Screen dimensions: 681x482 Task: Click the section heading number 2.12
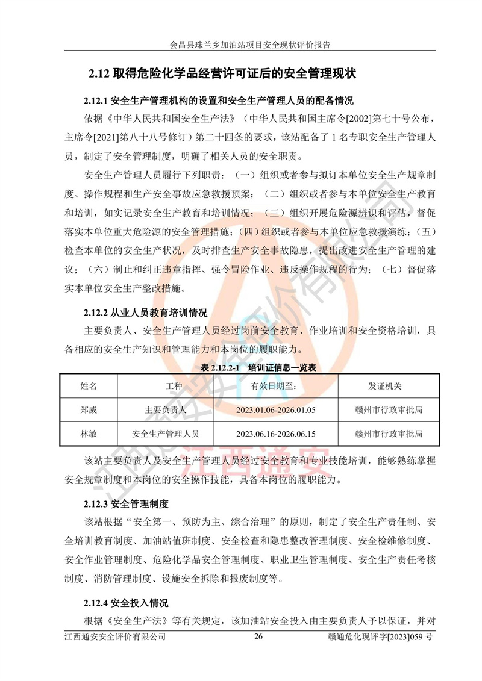[97, 74]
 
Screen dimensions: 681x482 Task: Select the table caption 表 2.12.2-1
[240, 367]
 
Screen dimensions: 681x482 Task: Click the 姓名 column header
[89, 386]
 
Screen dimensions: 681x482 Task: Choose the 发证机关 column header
[389, 386]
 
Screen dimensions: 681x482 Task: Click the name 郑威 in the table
[89, 410]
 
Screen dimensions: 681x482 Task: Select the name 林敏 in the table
[89, 433]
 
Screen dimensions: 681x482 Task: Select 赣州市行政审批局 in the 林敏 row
[389, 433]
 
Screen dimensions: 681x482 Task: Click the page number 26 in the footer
[259, 637]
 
